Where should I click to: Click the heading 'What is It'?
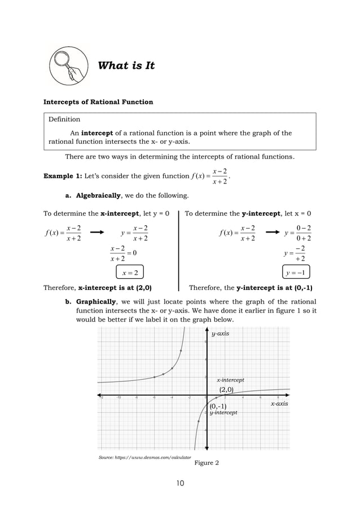(126, 66)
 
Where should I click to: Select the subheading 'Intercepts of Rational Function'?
(98, 102)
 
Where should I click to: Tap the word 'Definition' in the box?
(64, 119)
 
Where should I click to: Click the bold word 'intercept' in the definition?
(98, 133)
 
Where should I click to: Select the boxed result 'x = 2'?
(130, 273)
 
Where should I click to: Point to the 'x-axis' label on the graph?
(279, 403)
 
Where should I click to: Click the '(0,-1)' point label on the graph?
(218, 406)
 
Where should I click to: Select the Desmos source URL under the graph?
(144, 457)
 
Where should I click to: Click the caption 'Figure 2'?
(206, 463)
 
